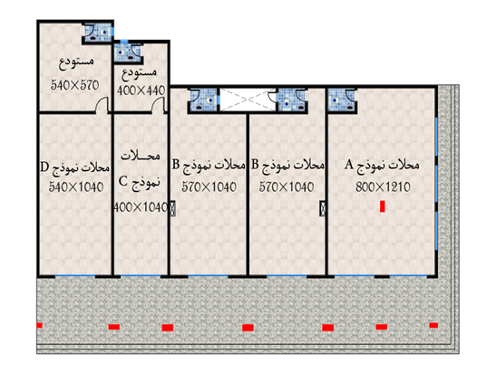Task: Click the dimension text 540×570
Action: [x=74, y=85]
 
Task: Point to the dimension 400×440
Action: [x=141, y=91]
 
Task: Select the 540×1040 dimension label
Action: [x=76, y=186]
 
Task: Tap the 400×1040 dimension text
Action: [x=141, y=207]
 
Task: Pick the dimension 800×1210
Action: [x=384, y=186]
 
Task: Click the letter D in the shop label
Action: [x=44, y=167]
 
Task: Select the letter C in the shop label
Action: [x=123, y=181]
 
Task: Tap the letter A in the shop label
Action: [x=349, y=165]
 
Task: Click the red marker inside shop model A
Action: [x=383, y=206]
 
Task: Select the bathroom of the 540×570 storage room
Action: [x=98, y=33]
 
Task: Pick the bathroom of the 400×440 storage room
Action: [x=128, y=53]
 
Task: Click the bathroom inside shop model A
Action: [x=342, y=100]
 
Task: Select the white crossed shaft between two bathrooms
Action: [x=248, y=100]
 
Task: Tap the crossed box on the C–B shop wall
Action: [x=172, y=208]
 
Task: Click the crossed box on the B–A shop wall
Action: [x=323, y=208]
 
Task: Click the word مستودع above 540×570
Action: [x=76, y=62]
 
